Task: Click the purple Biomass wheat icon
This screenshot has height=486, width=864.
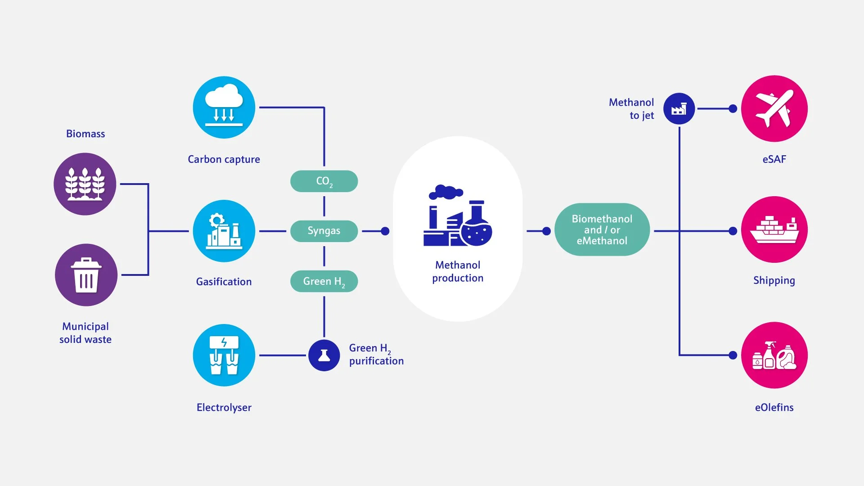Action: pyautogui.click(x=85, y=184)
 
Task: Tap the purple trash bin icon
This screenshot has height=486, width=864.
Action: pyautogui.click(x=86, y=275)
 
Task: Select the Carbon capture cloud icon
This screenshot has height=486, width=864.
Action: pyautogui.click(x=224, y=108)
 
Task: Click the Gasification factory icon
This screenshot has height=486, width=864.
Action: pyautogui.click(x=224, y=231)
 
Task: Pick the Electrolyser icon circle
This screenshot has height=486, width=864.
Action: pyautogui.click(x=224, y=355)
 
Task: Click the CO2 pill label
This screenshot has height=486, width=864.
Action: pyautogui.click(x=324, y=181)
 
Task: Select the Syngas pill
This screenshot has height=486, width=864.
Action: pyautogui.click(x=324, y=231)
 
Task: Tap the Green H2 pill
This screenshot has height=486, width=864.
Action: pyautogui.click(x=324, y=281)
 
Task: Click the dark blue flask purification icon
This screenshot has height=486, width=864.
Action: pyautogui.click(x=324, y=355)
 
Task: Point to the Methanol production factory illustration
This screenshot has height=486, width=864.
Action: pyautogui.click(x=458, y=216)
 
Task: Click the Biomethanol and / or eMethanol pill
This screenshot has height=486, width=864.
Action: pyautogui.click(x=602, y=229)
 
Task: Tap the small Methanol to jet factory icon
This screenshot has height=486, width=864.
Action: pyautogui.click(x=679, y=109)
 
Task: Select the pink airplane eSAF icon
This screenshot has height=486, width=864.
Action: pyautogui.click(x=774, y=108)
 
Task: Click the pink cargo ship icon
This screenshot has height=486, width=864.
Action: pyautogui.click(x=774, y=229)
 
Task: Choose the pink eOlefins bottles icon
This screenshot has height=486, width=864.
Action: pyautogui.click(x=774, y=355)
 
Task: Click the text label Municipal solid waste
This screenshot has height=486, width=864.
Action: pyautogui.click(x=85, y=333)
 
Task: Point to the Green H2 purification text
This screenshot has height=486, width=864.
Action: pyautogui.click(x=376, y=355)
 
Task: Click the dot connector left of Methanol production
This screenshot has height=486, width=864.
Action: pyautogui.click(x=385, y=231)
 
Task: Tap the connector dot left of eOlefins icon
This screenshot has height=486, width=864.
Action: pyautogui.click(x=733, y=355)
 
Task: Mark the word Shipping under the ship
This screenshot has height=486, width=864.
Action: pyautogui.click(x=774, y=280)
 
